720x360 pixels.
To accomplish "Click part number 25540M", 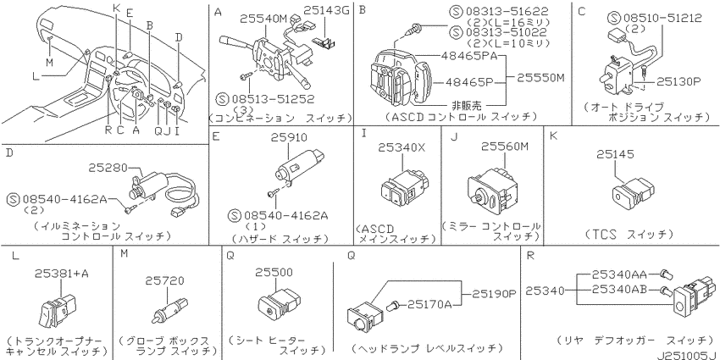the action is click(263, 19).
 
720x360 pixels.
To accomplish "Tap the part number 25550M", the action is click(540, 78).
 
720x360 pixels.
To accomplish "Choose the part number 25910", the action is click(288, 137).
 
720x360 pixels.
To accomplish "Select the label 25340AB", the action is click(619, 290).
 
